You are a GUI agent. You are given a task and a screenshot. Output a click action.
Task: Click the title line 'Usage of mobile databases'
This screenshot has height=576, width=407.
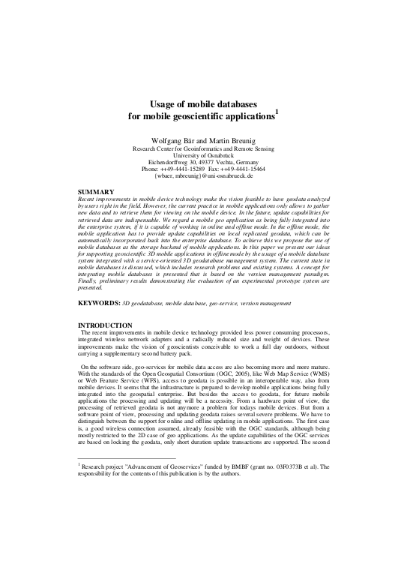[x=203, y=106]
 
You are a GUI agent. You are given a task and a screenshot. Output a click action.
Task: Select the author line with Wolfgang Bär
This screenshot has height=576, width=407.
[x=203, y=140]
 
